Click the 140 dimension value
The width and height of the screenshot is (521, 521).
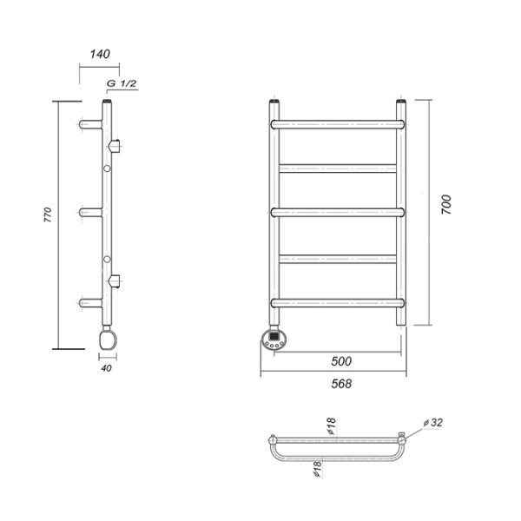[100, 54]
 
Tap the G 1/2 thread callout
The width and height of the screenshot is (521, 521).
[122, 83]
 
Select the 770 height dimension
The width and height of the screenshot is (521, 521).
[48, 214]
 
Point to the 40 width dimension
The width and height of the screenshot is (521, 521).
[106, 368]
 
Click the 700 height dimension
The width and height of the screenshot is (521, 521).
[446, 205]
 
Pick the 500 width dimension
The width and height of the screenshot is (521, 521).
[341, 361]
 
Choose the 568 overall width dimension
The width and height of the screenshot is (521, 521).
[341, 384]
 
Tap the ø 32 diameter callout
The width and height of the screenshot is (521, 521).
[433, 423]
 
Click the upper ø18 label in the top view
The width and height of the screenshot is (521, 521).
[332, 426]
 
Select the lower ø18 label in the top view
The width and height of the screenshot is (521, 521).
[318, 469]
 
